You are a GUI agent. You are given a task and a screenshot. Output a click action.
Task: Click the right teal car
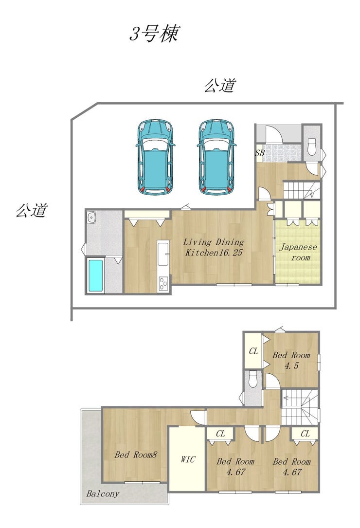(x=216, y=157)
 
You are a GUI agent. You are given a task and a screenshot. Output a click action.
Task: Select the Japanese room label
(x=298, y=252)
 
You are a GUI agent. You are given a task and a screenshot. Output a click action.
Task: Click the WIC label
(x=188, y=459)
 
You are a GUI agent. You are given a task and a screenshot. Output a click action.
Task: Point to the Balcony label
(x=103, y=493)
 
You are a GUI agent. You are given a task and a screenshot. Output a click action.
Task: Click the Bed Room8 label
(x=136, y=455)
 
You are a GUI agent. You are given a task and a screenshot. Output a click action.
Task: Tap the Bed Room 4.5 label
(x=291, y=360)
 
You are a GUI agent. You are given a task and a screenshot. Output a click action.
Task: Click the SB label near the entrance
(x=260, y=152)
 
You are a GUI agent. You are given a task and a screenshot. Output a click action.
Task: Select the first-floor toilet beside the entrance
(x=311, y=146)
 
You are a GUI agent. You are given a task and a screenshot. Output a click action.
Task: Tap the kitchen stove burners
(x=163, y=283)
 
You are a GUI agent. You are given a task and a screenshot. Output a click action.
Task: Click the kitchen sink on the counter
(x=163, y=250)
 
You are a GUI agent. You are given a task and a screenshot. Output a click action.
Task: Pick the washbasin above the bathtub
(x=91, y=218)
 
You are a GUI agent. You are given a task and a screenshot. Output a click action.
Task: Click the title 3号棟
(x=154, y=34)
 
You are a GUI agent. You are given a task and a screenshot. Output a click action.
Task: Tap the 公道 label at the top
(x=220, y=86)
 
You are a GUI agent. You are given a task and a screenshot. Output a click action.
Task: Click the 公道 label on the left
(x=31, y=210)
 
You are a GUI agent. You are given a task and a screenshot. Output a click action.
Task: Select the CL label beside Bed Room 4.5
(x=253, y=351)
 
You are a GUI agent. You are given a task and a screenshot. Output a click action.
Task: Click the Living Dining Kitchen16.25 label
(x=214, y=247)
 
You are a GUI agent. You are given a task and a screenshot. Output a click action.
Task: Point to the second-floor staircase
(x=300, y=407)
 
